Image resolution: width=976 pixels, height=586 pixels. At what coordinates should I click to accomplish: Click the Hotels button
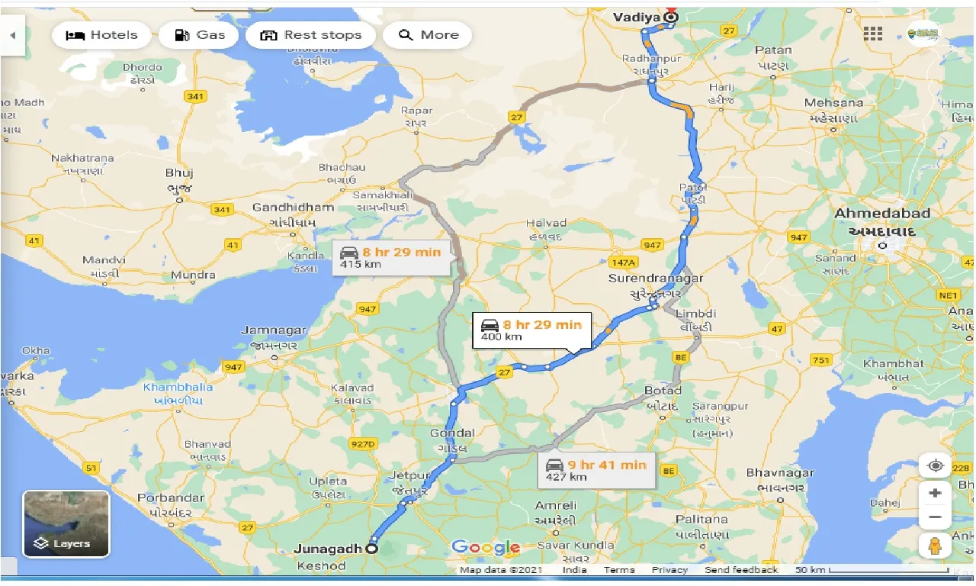click(x=101, y=35)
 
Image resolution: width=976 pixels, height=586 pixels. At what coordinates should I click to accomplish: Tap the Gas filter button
click(x=201, y=35)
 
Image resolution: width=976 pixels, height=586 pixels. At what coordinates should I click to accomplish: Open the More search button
click(x=427, y=35)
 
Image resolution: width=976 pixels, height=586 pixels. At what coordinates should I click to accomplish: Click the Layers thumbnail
click(x=66, y=523)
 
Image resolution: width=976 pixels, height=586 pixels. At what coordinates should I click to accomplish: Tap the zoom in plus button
click(x=935, y=493)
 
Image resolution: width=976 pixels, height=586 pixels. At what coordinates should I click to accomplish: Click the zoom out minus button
click(x=935, y=517)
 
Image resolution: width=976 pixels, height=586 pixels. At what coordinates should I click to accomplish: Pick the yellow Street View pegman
click(x=935, y=546)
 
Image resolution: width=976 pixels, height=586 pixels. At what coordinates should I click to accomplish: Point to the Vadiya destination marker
click(x=671, y=17)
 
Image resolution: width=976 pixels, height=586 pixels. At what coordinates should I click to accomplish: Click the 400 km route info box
click(x=531, y=330)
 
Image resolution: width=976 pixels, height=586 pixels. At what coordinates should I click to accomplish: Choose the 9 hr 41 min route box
click(x=596, y=470)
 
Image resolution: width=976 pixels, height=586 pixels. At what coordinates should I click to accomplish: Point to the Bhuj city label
click(x=180, y=173)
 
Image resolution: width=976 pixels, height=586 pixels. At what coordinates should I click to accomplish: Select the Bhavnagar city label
click(x=780, y=473)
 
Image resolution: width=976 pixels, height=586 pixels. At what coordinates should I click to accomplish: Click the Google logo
click(x=486, y=547)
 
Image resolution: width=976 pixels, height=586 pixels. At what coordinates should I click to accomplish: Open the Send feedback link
click(x=741, y=570)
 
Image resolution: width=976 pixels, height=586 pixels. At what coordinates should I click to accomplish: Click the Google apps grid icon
click(x=873, y=34)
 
